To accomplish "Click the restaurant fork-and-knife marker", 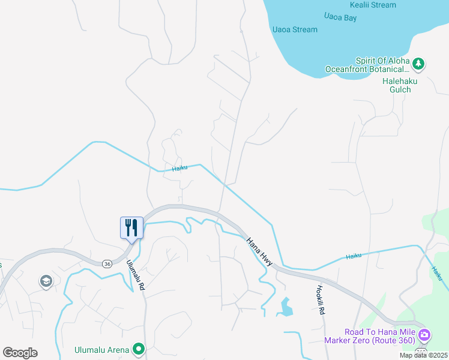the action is (131, 228).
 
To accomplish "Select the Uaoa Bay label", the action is (340, 18).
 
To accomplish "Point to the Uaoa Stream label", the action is (295, 29).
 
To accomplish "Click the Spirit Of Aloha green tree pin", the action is (419, 63).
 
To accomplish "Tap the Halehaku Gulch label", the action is (397, 85).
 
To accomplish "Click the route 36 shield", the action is (106, 263).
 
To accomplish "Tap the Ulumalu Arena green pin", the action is (139, 349).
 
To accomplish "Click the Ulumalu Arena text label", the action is (101, 349).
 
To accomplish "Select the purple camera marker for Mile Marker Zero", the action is (424, 335).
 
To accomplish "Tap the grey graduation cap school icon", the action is (46, 281).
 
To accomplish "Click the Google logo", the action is (20, 353).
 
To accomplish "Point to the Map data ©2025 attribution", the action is (423, 355).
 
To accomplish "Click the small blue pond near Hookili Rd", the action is (285, 307).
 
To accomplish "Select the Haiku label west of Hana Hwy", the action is (179, 169).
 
